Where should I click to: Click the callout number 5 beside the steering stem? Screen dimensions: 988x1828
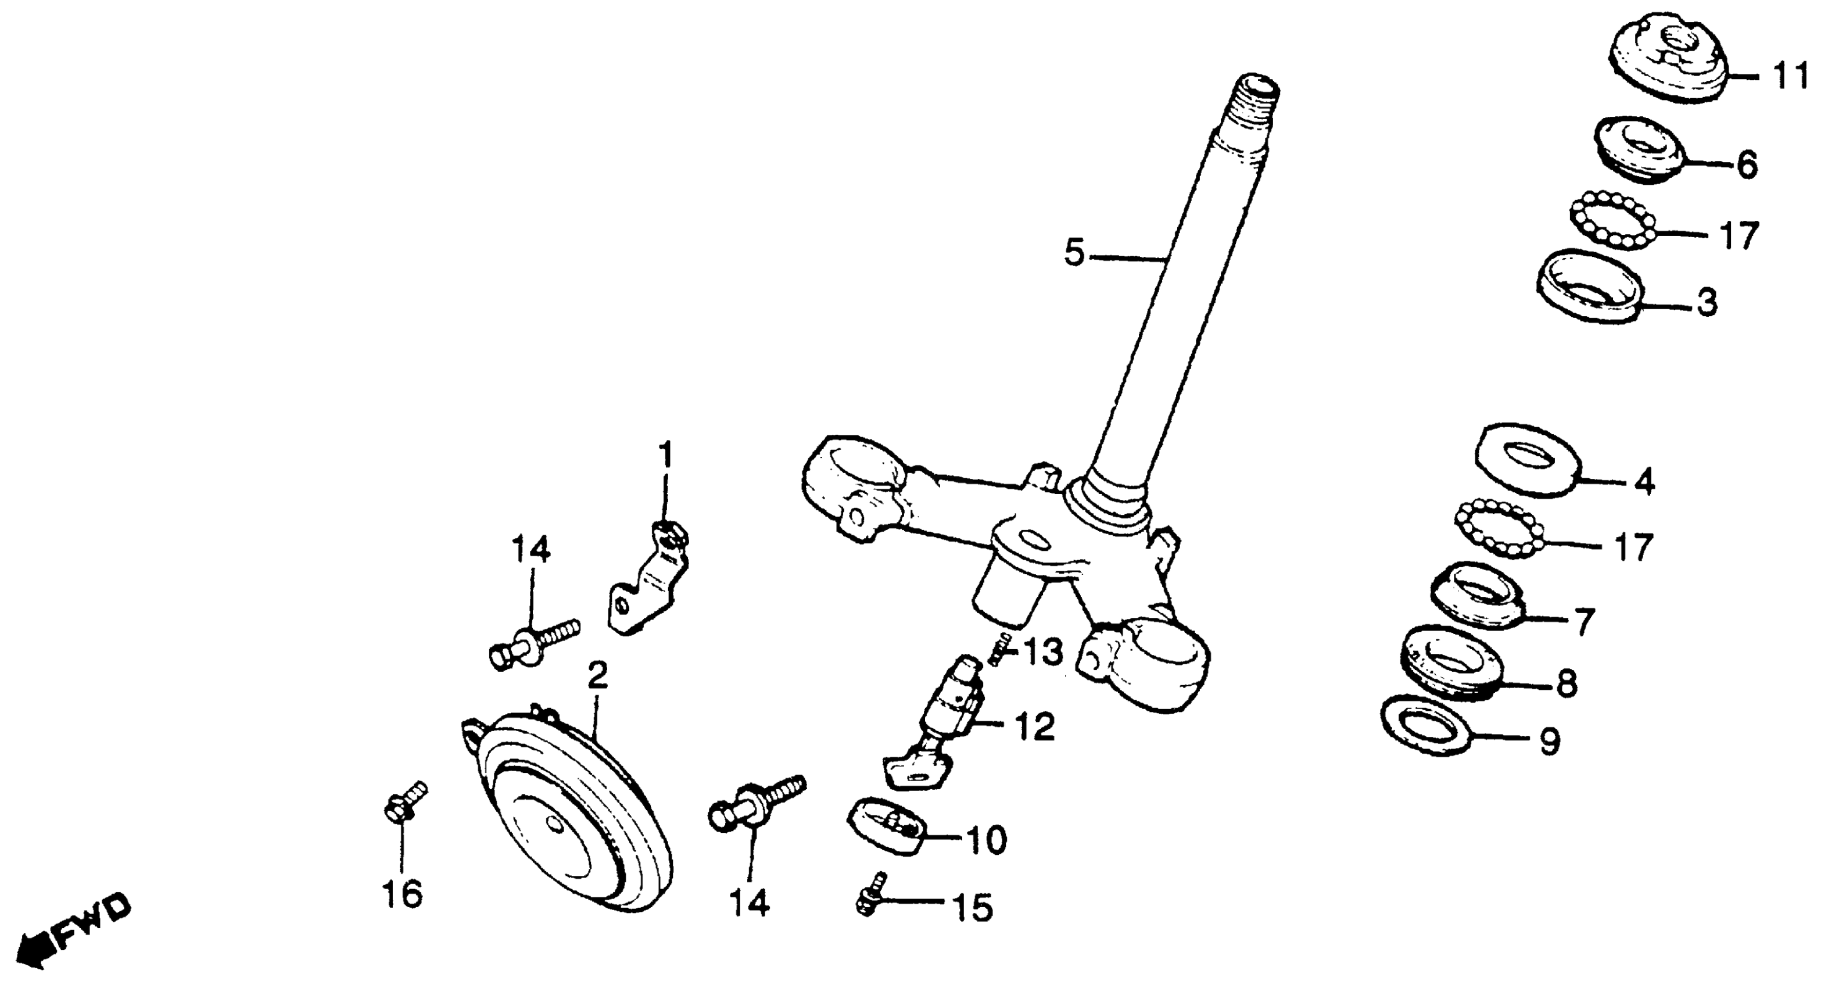[x=1074, y=253]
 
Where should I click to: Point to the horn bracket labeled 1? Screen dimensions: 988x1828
[x=647, y=581]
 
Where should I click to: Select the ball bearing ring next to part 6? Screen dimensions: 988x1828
[x=1611, y=220]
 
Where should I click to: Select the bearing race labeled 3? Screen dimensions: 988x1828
[x=1588, y=287]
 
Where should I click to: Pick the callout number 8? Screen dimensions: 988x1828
[x=1565, y=683]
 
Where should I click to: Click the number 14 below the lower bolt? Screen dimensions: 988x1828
[x=750, y=903]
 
